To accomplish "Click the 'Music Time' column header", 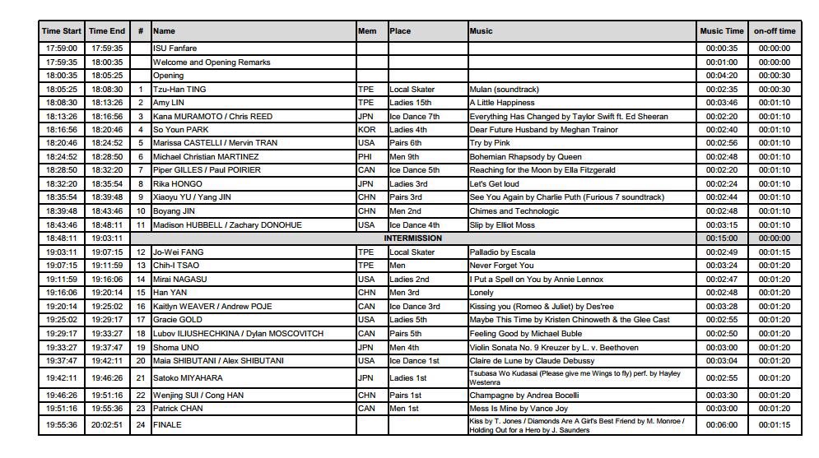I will (722, 31).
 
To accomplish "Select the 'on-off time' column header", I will (775, 31).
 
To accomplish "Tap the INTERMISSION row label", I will (413, 238).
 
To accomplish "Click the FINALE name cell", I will (167, 425).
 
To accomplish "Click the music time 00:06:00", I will (722, 425).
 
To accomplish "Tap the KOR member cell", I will (365, 129).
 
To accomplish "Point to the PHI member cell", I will (365, 156).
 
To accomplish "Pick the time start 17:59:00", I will (62, 49).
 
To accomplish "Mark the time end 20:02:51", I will (107, 425).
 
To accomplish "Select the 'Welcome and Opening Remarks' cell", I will (212, 62).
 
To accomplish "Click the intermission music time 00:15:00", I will (722, 238).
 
